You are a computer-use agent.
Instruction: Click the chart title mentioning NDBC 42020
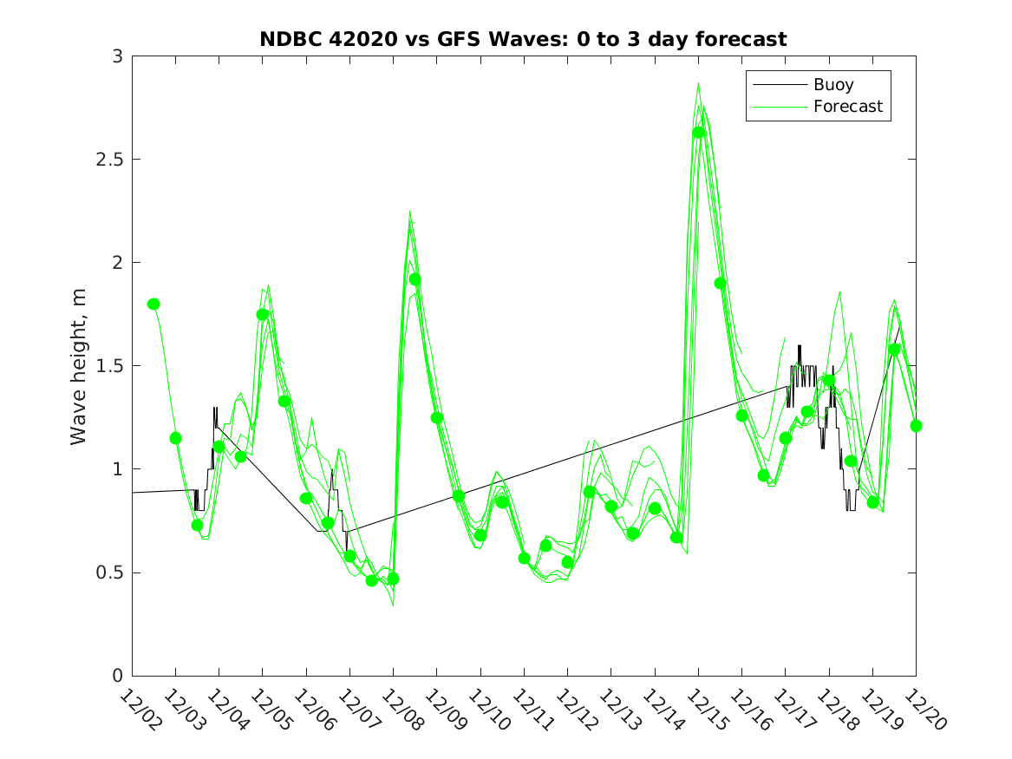(x=523, y=39)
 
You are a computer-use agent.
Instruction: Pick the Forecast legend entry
(x=847, y=107)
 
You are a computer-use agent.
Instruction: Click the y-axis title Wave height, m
(x=79, y=366)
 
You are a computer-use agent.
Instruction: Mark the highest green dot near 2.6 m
(x=698, y=133)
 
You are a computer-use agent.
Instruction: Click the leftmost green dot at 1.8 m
(x=153, y=304)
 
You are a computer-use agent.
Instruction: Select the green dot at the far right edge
(x=916, y=426)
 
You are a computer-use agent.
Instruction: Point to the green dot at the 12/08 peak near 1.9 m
(x=415, y=279)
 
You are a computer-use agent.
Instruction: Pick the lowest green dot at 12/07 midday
(x=371, y=580)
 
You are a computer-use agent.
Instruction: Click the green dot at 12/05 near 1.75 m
(x=262, y=314)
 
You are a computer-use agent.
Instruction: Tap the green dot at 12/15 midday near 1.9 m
(x=720, y=283)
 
